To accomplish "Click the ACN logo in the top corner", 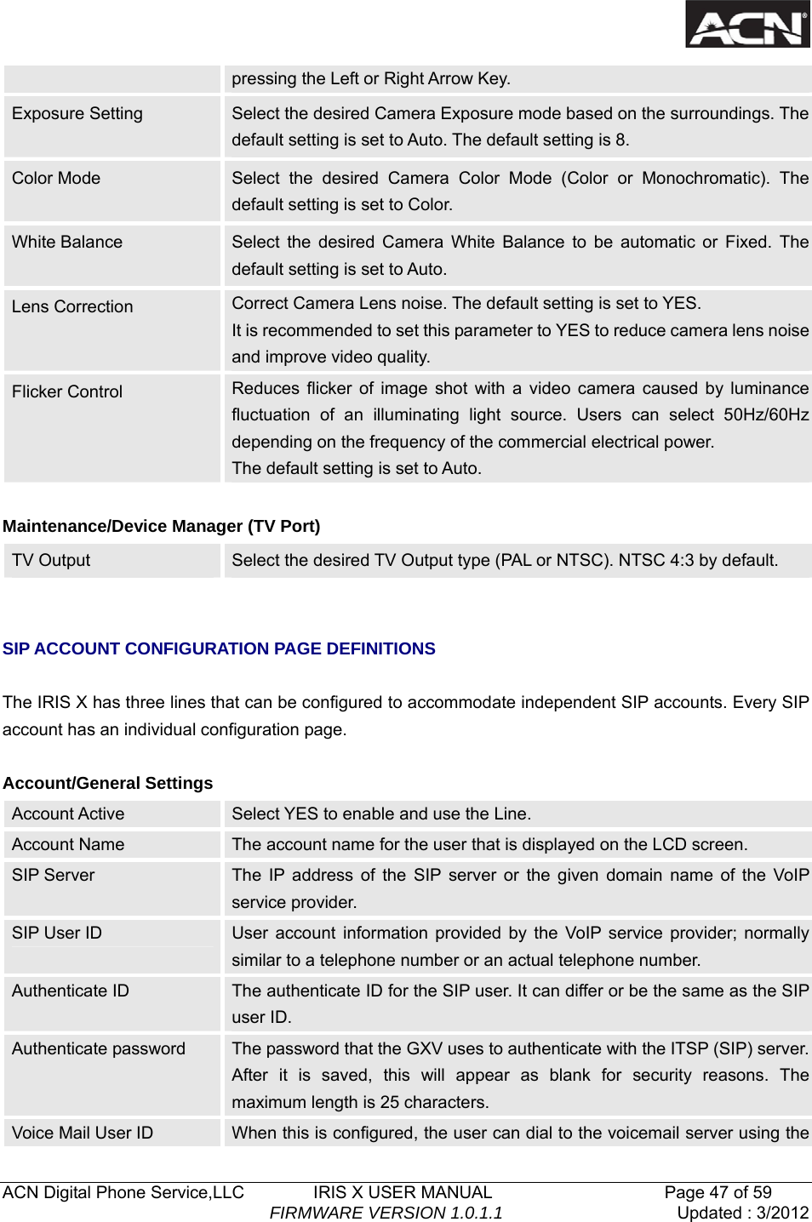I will [747, 24].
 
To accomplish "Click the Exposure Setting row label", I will [77, 113].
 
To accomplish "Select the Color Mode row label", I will [56, 178].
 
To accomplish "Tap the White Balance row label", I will [67, 242].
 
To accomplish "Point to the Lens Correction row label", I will [72, 306].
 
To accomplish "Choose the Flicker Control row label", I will [67, 391].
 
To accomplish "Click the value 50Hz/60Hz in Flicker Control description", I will [765, 414].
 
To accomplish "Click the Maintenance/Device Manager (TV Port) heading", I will [162, 526].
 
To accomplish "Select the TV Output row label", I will [51, 560].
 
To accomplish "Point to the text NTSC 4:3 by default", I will [697, 560].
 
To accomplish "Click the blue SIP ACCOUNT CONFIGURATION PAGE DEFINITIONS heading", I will [219, 648].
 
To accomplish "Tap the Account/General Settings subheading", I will [108, 783].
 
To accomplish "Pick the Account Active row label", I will [68, 814].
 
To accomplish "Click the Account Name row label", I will [68, 844].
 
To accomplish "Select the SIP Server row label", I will [54, 875].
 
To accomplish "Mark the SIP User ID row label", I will [57, 933].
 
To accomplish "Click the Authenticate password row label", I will [99, 1048].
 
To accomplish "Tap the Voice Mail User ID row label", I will [83, 1133].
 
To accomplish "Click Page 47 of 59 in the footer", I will [718, 1192].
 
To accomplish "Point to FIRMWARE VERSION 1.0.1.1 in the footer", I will [386, 1213].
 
